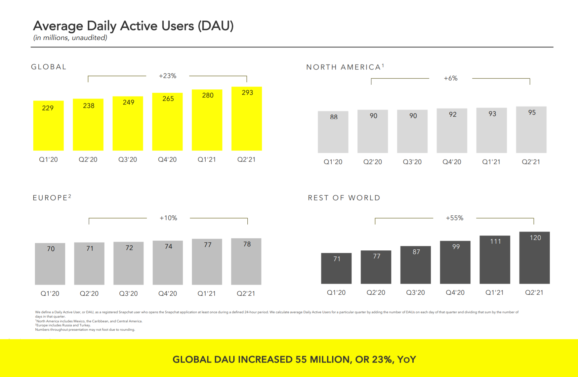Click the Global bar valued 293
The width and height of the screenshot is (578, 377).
(x=247, y=121)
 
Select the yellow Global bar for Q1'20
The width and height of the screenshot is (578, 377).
(x=48, y=128)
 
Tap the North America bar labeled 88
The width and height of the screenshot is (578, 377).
(x=333, y=134)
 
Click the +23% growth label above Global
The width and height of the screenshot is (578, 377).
(x=167, y=76)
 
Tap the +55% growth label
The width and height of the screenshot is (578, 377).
(x=454, y=218)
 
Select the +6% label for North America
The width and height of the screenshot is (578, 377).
(x=451, y=78)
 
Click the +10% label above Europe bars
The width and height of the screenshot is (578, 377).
(x=168, y=218)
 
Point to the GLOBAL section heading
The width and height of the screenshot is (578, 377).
(x=49, y=67)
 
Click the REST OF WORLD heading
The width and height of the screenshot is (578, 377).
(x=344, y=198)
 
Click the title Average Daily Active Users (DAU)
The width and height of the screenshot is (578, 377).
(x=133, y=26)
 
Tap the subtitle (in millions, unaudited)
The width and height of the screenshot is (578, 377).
(x=70, y=38)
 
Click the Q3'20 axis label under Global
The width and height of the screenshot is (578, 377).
(x=128, y=160)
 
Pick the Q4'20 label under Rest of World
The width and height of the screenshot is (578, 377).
(x=455, y=293)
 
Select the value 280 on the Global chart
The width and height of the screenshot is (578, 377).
(x=208, y=95)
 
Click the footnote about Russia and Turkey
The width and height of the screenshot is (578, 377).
(x=63, y=325)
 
